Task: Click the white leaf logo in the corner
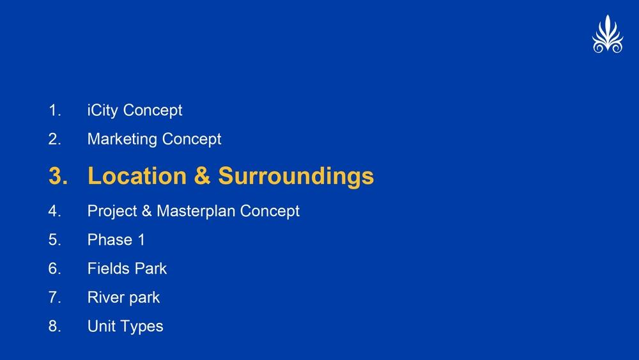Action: (608, 35)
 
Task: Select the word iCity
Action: (103, 111)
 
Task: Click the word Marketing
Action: (122, 139)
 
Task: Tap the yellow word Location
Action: (137, 176)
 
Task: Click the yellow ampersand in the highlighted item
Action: (202, 176)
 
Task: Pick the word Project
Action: (112, 212)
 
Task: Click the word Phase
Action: (110, 240)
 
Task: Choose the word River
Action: (104, 297)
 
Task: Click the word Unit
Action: (102, 326)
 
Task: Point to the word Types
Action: (142, 327)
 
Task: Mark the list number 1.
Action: (54, 111)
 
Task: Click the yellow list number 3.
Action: (58, 176)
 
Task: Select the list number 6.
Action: (54, 269)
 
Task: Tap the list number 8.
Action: (54, 326)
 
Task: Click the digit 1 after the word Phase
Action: (141, 240)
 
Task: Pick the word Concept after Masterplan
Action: (270, 212)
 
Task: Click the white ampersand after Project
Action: (147, 211)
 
